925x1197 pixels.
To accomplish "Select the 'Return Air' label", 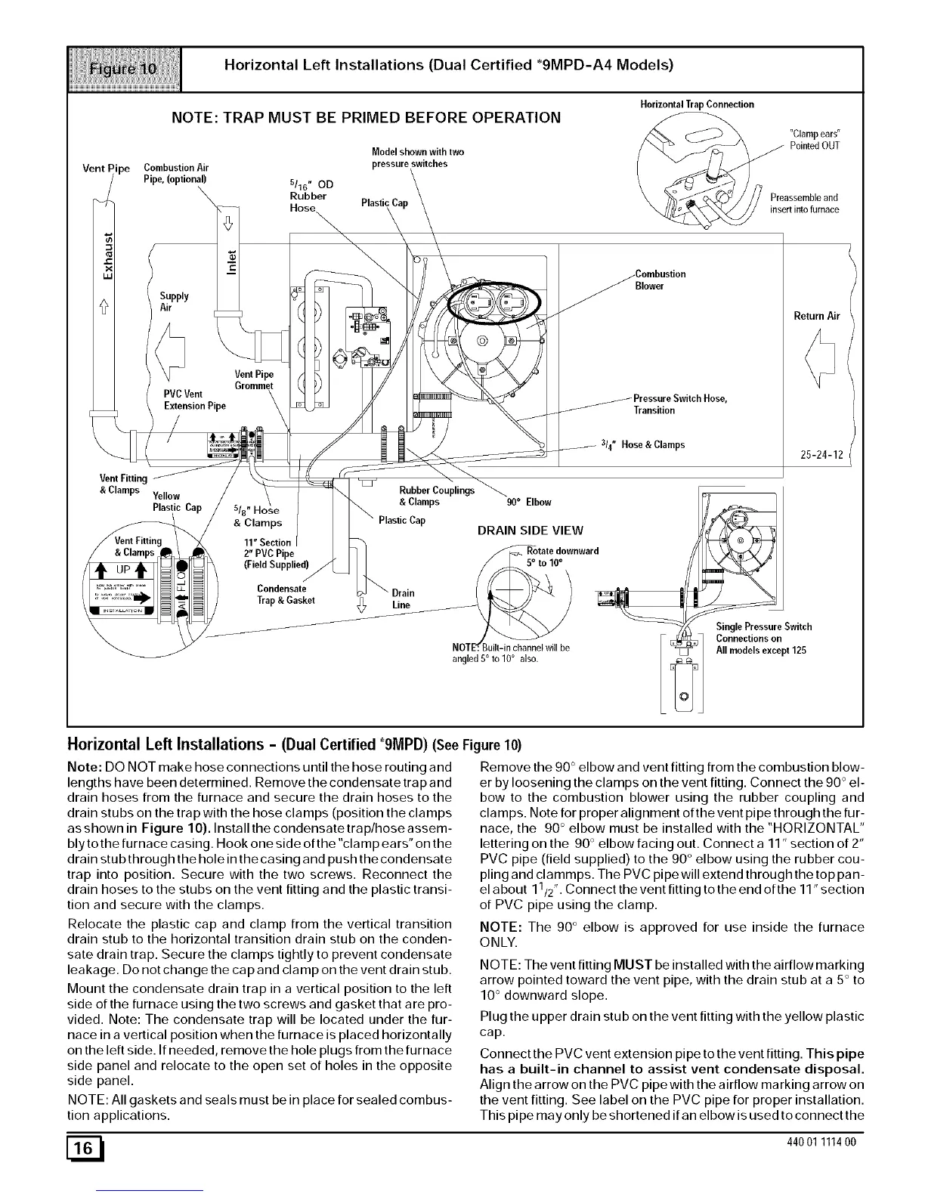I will click(x=816, y=316).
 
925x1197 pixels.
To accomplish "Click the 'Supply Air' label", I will click(x=175, y=302).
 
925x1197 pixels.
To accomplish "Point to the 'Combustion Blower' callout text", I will click(x=660, y=280).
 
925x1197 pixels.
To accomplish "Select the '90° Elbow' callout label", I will click(x=528, y=502).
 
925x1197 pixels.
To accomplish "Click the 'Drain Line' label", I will click(x=401, y=598).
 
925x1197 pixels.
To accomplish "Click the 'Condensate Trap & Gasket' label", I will click(x=286, y=595).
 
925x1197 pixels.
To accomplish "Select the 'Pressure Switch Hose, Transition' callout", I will click(x=679, y=404).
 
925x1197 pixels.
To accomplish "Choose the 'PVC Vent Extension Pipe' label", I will click(x=194, y=399).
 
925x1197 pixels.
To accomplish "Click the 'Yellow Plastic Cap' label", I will click(x=177, y=502).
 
